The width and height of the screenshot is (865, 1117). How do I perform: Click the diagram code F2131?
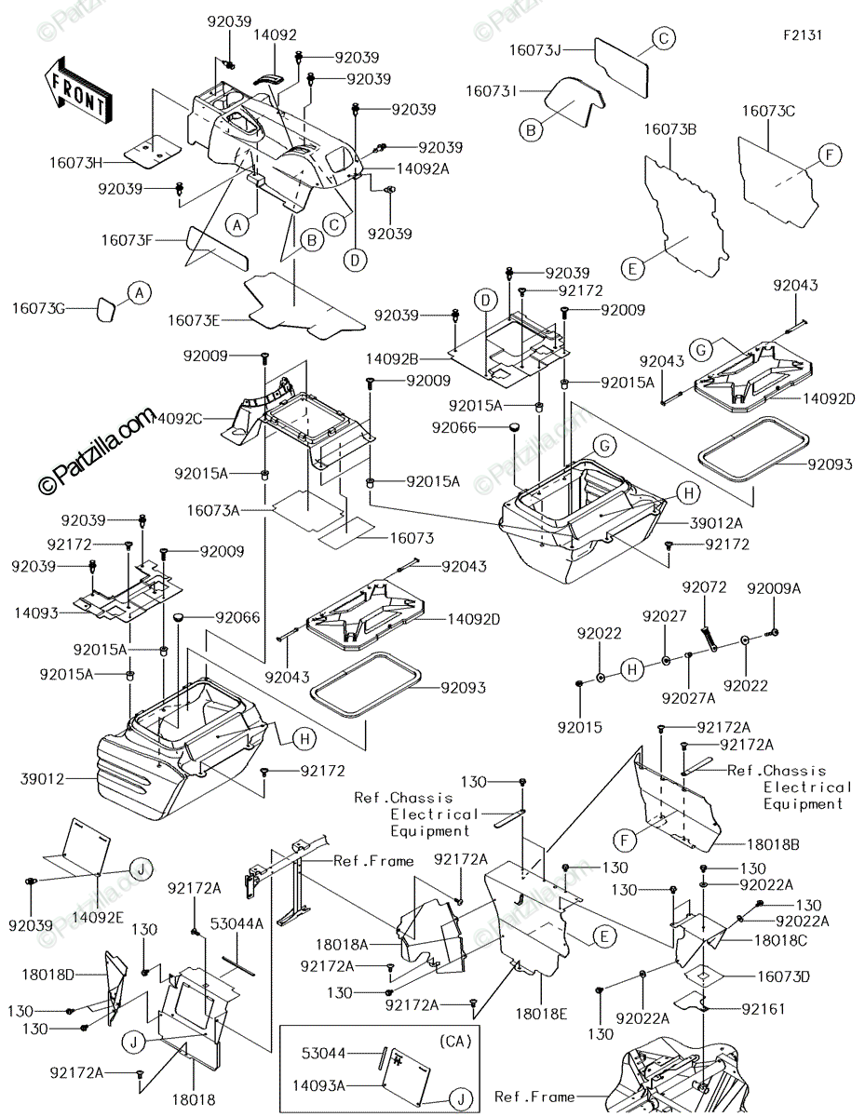[803, 35]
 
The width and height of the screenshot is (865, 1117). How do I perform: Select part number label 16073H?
[76, 163]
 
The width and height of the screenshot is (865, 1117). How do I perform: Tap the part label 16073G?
[39, 308]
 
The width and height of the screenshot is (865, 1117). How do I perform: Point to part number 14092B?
[392, 359]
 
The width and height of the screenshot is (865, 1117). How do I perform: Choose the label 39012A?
[716, 523]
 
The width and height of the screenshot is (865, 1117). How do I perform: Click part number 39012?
[43, 779]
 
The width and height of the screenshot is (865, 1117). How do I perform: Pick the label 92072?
[704, 587]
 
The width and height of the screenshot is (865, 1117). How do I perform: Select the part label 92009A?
[774, 588]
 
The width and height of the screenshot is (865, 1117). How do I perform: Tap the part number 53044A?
[237, 923]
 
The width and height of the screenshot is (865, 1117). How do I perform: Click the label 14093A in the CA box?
[319, 1085]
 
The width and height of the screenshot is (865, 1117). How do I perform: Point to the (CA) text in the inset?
[455, 1042]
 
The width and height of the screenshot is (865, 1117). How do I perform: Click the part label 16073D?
[783, 976]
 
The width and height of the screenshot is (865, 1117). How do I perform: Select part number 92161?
[764, 1009]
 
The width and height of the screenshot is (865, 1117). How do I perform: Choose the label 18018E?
[542, 1014]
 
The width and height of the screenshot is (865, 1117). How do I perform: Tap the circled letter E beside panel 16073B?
[633, 269]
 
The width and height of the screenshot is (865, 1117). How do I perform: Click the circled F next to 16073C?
[831, 155]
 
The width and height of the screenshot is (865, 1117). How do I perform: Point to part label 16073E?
[194, 321]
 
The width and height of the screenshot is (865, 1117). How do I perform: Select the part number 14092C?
[176, 419]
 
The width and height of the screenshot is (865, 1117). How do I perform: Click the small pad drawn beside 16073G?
[107, 309]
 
